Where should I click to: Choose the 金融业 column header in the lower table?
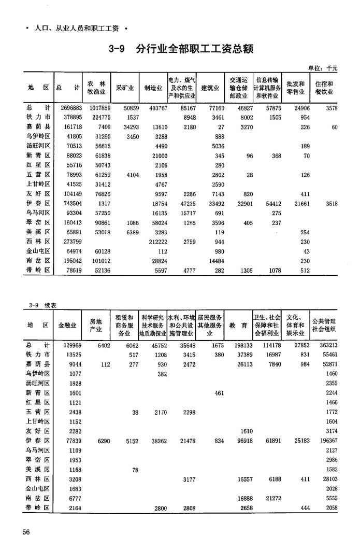click(x=68, y=325)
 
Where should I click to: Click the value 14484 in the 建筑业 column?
click(x=214, y=261)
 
